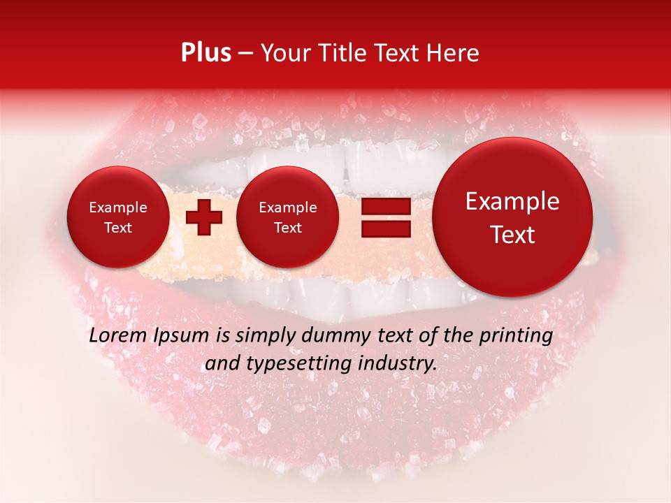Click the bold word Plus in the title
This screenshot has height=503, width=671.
(x=205, y=53)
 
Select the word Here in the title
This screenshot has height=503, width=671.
(x=452, y=53)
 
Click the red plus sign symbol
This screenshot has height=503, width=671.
(x=203, y=217)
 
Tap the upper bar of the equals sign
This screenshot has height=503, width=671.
(x=385, y=206)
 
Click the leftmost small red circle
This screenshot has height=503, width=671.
(x=117, y=217)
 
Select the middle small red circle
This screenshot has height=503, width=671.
(x=287, y=217)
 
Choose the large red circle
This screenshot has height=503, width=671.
(x=512, y=217)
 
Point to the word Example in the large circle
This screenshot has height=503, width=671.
(x=512, y=201)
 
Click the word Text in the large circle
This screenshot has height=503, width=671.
(x=512, y=235)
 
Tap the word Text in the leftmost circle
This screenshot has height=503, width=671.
(x=117, y=228)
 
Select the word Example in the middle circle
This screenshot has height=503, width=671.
(x=287, y=207)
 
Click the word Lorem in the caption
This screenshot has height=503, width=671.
(x=115, y=335)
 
